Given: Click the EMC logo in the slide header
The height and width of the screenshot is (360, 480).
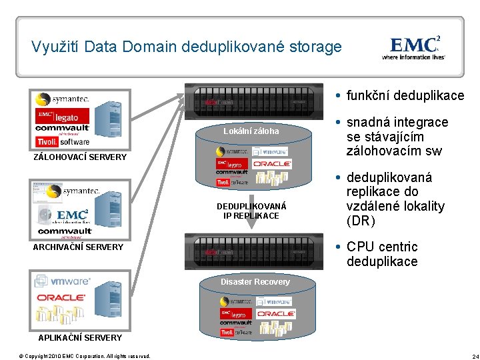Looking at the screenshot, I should point(415,46).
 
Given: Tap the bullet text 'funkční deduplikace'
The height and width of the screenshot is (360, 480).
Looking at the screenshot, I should point(405,95).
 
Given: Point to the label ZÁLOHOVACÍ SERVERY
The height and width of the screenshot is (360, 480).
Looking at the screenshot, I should point(80,157).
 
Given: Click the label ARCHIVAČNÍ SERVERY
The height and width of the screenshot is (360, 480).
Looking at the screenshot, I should point(78,247).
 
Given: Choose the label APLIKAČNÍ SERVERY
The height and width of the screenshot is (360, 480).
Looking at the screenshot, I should point(80,337).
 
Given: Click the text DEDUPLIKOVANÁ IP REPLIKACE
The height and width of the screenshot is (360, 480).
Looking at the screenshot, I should point(251,211).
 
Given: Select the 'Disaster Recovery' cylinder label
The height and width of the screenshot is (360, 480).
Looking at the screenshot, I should point(256,282).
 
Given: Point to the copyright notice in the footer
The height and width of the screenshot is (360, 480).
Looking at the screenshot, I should point(85,355).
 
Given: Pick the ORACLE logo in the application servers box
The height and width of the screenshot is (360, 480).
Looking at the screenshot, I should point(61,297).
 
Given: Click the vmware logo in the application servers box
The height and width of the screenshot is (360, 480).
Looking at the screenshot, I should point(62,281).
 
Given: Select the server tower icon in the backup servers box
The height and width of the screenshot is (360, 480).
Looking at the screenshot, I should point(111,120).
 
